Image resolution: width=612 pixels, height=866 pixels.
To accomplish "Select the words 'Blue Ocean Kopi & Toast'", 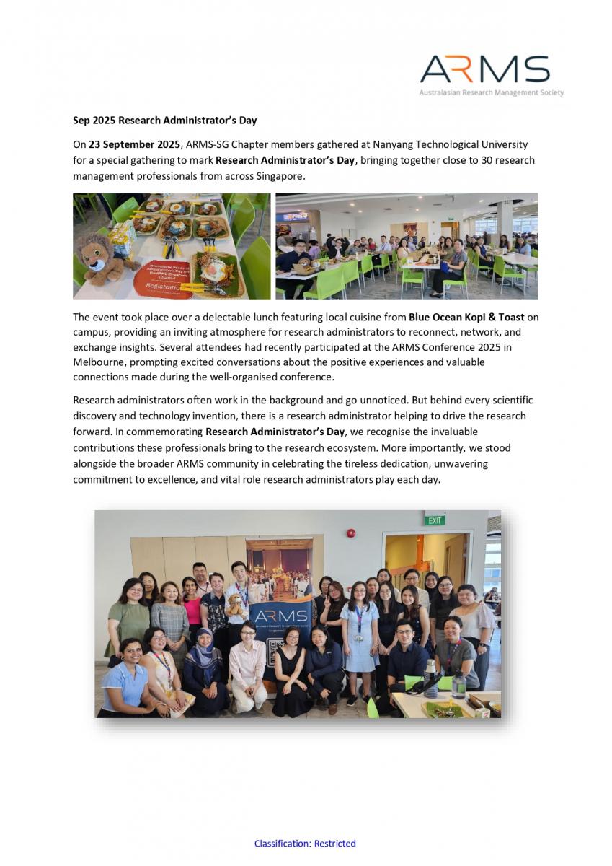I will tap(466, 317).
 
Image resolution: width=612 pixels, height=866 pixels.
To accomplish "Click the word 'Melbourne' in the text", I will tap(100, 362).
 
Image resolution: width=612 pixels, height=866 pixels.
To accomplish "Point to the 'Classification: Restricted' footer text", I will tap(305, 843).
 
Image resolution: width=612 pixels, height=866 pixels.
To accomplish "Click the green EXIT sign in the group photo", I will tap(435, 520).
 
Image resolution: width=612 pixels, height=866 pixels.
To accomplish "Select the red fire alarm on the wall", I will tap(351, 533).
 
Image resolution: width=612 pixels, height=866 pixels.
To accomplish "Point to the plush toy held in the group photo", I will tap(235, 605).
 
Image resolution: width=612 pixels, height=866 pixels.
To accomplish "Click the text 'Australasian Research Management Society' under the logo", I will tap(492, 93).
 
